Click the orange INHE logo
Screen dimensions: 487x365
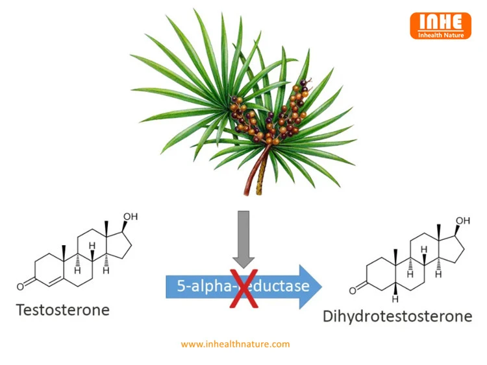point(440,26)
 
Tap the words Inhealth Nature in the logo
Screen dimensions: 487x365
point(441,35)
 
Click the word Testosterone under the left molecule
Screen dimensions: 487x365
point(63,310)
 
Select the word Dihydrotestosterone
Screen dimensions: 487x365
point(397,316)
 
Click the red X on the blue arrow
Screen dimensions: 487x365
point(243,288)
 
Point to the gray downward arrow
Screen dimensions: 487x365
point(243,239)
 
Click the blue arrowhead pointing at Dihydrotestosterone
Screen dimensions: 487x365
point(310,287)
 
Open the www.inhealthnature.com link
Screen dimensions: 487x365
point(235,344)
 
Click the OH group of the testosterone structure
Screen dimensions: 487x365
point(131,217)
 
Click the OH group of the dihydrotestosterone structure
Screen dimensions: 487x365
point(463,220)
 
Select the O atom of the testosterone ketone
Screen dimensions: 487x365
point(20,287)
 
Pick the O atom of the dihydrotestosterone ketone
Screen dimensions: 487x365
point(353,290)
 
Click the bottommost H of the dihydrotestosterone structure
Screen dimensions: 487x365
point(395,300)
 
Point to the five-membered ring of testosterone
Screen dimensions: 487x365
point(119,245)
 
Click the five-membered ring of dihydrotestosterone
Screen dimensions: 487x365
point(452,249)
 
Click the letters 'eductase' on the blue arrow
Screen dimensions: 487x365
point(279,286)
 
